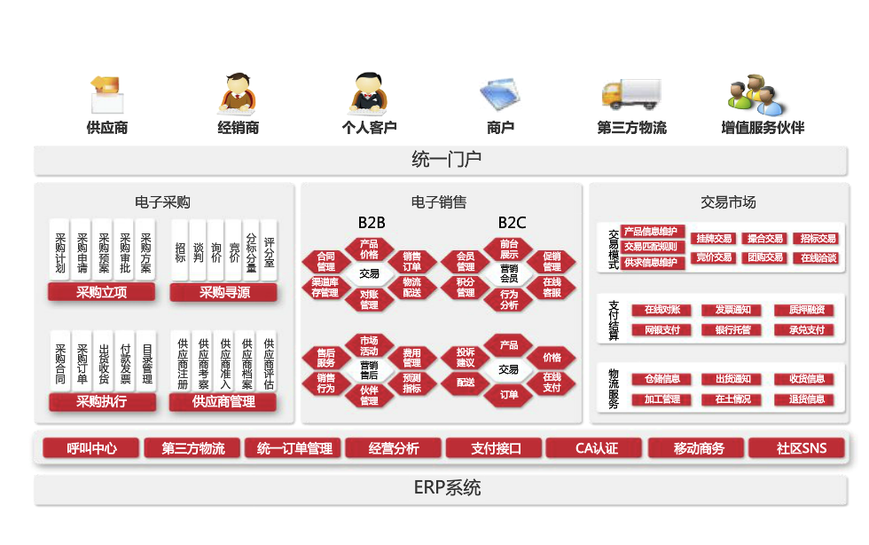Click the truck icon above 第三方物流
(x=630, y=94)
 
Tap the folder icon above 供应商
(x=106, y=93)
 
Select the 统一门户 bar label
(x=446, y=160)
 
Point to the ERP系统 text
(x=446, y=488)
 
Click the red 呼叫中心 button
(x=91, y=448)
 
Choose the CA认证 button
(x=595, y=448)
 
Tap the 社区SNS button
(x=801, y=448)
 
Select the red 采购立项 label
(x=101, y=292)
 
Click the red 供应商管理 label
(x=223, y=401)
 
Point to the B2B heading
(x=372, y=222)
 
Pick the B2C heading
(x=512, y=222)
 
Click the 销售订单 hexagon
(x=411, y=261)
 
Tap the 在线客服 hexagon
(x=552, y=288)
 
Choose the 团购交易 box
(x=763, y=257)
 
